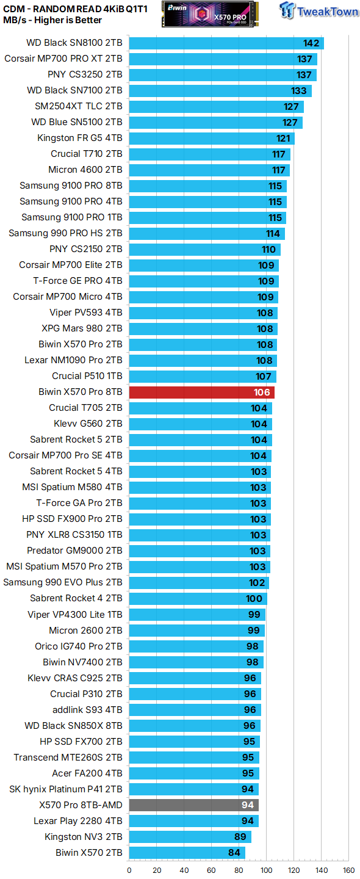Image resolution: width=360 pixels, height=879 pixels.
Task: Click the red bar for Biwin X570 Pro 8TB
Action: click(201, 392)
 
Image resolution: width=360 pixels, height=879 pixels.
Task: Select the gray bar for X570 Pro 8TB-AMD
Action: click(193, 805)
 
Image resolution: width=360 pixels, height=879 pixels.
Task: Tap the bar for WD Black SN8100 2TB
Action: click(226, 43)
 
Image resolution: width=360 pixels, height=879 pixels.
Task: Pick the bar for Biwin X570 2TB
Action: click(187, 852)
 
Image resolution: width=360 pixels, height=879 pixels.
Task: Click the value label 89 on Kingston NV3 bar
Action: click(241, 836)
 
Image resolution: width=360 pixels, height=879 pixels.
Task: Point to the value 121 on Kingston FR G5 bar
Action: click(283, 138)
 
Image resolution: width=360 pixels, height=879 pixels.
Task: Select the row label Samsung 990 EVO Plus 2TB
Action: click(63, 582)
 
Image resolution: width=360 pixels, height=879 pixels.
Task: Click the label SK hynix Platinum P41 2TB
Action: click(66, 789)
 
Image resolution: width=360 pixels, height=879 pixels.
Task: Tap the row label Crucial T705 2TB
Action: click(85, 408)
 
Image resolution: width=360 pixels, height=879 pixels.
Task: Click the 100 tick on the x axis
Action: click(267, 870)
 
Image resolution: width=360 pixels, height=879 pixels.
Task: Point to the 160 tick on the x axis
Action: click(348, 870)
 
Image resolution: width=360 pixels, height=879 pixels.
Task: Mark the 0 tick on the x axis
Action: click(129, 870)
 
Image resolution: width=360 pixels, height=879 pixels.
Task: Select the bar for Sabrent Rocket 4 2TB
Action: click(198, 598)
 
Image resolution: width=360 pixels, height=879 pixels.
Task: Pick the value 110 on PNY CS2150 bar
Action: click(268, 249)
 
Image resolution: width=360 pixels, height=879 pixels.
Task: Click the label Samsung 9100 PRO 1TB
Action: click(72, 217)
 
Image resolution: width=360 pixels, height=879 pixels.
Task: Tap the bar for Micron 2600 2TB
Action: click(196, 630)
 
